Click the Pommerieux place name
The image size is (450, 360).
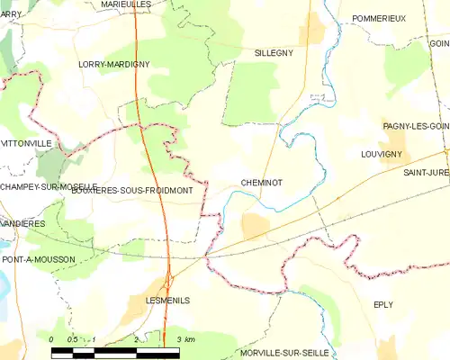(x=380, y=18)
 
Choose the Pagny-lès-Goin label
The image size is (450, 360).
(x=415, y=126)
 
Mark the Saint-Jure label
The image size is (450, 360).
(x=426, y=172)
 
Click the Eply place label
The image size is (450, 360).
(x=383, y=304)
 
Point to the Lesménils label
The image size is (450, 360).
(x=167, y=301)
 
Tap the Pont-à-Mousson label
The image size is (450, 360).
(x=39, y=259)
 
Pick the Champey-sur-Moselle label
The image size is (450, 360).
(x=48, y=186)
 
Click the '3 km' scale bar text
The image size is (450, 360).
(x=185, y=338)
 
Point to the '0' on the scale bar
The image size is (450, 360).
(x=52, y=338)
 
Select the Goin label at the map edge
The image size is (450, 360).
(x=439, y=43)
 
